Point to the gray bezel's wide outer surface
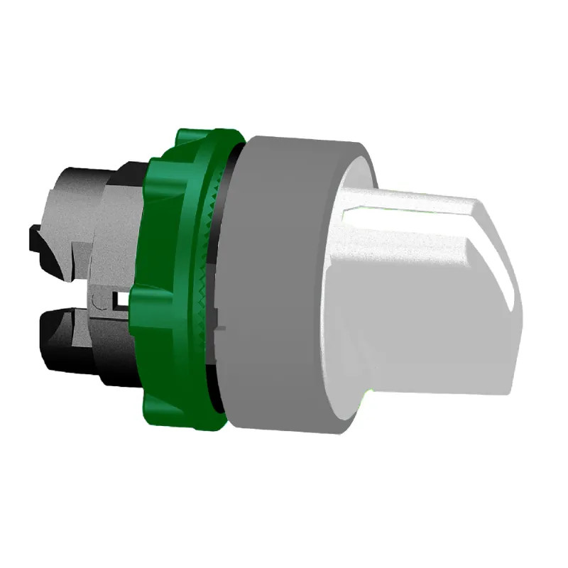277,284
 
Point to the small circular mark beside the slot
106,302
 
